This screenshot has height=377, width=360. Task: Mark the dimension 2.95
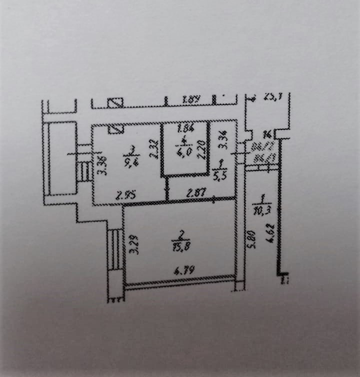[125, 196]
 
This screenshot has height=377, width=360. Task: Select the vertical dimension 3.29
[133, 244]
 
